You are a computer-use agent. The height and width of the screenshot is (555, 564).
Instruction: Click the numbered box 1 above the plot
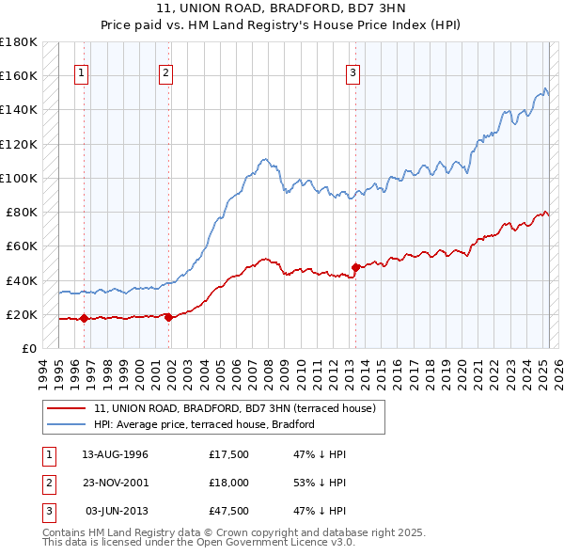coord(83,75)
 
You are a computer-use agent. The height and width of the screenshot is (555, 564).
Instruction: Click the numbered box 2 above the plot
coord(165,75)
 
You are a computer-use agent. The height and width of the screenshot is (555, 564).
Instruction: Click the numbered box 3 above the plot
coord(352,75)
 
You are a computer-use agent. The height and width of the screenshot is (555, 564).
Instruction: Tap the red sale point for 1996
coord(84,318)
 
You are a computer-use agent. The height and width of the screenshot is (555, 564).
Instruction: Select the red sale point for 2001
coord(168,317)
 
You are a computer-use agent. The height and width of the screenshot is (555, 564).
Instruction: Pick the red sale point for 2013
coord(355,267)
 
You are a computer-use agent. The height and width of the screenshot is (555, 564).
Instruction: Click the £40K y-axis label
coord(22,280)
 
